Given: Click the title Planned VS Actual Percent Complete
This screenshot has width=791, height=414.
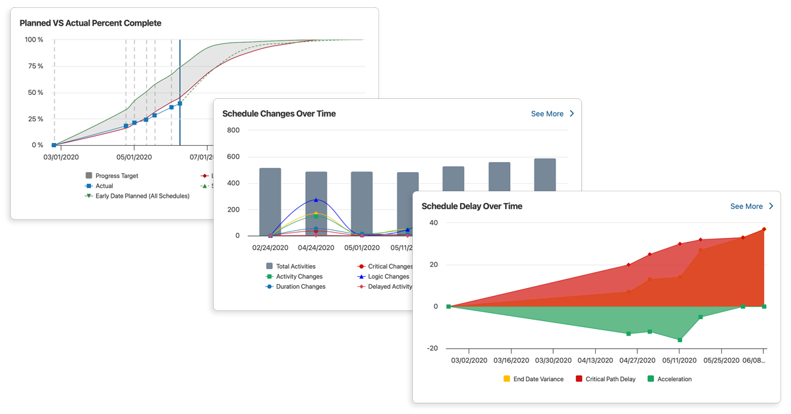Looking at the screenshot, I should coord(90,23).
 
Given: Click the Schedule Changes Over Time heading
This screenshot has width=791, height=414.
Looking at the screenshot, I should coord(279,114).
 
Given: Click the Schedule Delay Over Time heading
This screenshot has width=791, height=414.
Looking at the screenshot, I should coord(471,206).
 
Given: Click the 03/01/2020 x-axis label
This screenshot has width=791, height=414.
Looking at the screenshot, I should coord(61,158).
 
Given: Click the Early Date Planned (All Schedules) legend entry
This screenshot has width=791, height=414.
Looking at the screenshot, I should coord(142,196).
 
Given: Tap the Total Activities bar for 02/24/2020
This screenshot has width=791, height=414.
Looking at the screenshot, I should coord(270,202).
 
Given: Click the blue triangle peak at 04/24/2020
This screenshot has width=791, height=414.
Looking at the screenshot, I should coord(316,200).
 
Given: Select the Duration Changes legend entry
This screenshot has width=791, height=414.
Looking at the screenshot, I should coord(300,287).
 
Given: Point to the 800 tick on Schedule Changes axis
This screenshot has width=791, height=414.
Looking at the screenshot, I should coord(233,130).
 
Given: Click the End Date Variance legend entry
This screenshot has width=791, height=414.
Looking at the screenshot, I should coord(538,379).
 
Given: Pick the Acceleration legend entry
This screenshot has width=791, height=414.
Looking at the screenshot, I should coord(674,379).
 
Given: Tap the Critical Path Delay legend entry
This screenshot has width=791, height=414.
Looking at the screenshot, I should coord(610,379).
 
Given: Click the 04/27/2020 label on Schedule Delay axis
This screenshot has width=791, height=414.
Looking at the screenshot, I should coord(637,361).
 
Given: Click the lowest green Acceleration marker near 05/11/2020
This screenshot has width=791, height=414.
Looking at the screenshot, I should coord(680,340).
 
